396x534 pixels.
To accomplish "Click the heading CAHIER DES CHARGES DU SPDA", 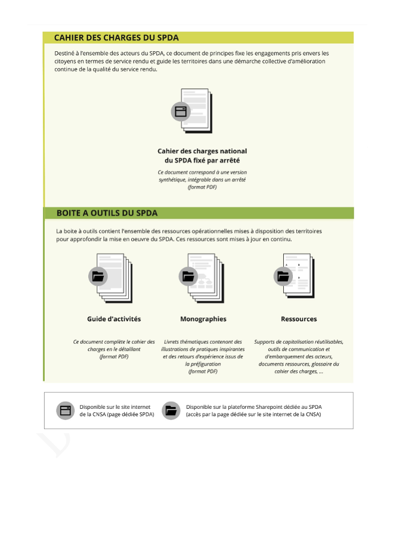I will pos(116,38).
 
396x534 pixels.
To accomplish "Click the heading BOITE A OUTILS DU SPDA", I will pos(107,213).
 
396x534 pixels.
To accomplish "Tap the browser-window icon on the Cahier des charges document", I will pos(180,111).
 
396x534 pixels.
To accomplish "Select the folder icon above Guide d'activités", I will pos(97,276).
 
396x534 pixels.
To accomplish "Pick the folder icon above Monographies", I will pos(188,276).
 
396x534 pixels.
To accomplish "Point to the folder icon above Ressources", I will pos(282,276).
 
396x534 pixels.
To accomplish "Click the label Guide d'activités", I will pos(114,319).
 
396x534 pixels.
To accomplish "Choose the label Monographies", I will pos(203,319).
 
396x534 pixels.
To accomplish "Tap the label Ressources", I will pos(299,319).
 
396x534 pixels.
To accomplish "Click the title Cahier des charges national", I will pos(202,151).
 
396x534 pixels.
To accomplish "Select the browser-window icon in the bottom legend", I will pos(64,410).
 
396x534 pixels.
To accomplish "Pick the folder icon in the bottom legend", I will pos(171,410).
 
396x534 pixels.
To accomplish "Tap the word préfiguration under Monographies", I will pos(203,364).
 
